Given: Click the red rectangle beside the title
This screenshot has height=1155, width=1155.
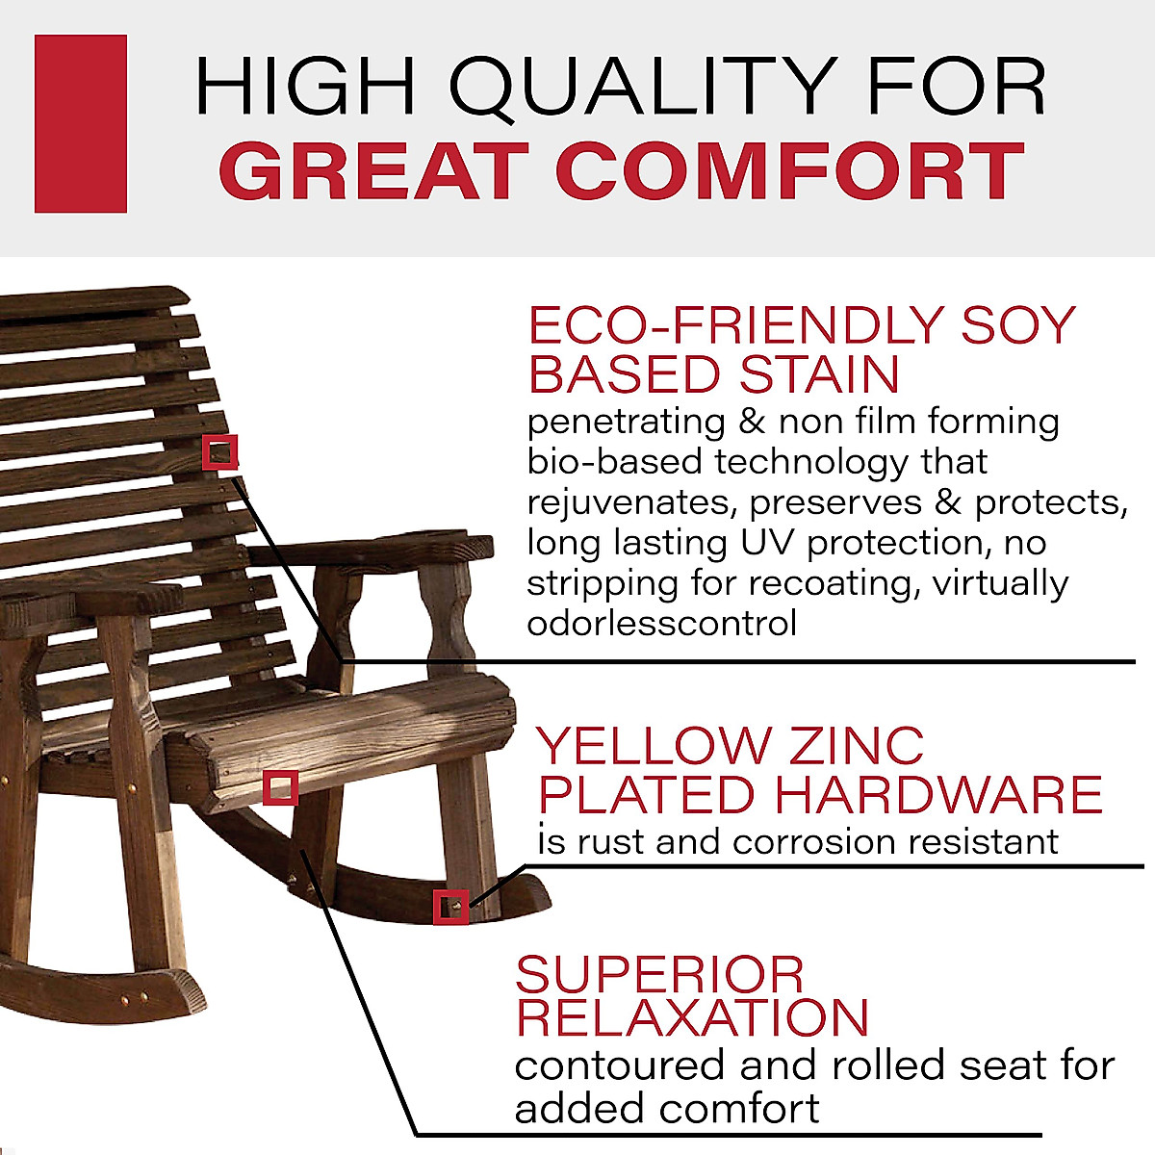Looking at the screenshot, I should [x=81, y=123].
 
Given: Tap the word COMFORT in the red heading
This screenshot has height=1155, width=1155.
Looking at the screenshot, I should [x=789, y=171].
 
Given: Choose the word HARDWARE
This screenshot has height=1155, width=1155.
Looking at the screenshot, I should [x=938, y=795].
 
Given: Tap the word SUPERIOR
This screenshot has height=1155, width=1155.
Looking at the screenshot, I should [x=659, y=975].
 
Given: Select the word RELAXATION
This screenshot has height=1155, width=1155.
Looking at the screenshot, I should [x=692, y=1018].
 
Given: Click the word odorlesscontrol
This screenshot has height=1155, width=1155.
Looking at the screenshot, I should [x=661, y=623].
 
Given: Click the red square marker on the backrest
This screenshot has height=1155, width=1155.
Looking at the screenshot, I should [x=220, y=451].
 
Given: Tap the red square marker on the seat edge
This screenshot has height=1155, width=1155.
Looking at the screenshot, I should [x=280, y=788].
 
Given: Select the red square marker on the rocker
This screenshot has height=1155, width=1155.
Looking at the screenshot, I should [x=450, y=907].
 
